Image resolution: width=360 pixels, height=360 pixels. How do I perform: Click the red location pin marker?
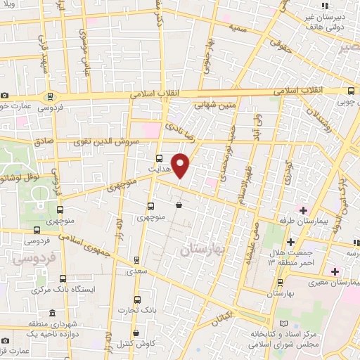[x=181, y=165]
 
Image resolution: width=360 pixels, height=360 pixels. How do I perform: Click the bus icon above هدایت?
[x=159, y=158]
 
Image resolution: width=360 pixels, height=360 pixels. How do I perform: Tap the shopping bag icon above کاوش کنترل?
[x=136, y=333]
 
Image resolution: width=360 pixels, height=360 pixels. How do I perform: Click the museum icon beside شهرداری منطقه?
[x=51, y=314]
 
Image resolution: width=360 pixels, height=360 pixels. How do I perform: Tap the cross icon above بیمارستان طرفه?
[x=303, y=210]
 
